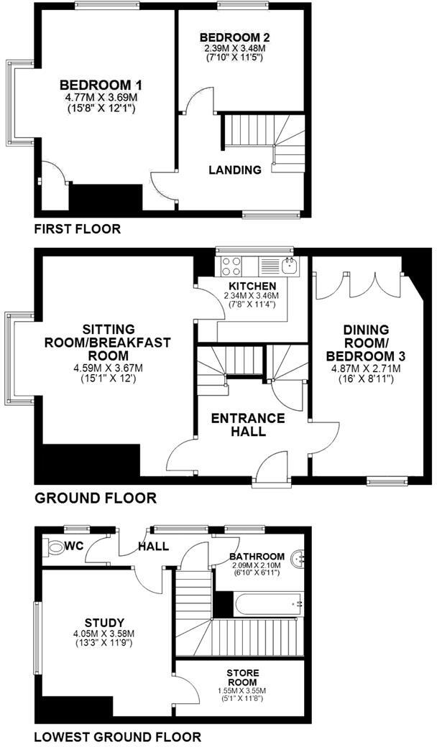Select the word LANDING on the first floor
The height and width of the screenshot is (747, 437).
[x=234, y=170]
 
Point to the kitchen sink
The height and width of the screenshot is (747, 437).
[x=289, y=267]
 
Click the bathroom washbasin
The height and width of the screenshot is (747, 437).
[x=298, y=557]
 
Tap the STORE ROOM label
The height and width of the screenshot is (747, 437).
[x=244, y=677]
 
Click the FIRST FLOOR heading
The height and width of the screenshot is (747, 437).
[x=77, y=229]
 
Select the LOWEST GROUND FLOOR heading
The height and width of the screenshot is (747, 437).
[x=117, y=736]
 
